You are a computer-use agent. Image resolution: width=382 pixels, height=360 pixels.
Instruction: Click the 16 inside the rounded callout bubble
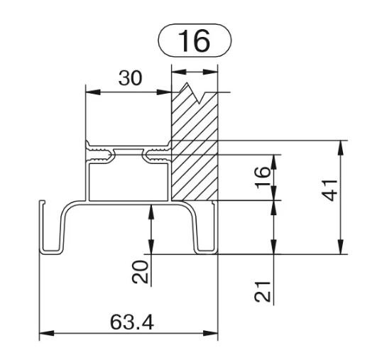194,40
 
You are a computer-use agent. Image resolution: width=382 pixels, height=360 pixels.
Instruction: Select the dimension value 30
130,78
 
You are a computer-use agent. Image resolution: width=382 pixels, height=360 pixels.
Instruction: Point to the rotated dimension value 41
329,190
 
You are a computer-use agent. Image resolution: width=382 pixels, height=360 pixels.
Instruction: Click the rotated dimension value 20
140,272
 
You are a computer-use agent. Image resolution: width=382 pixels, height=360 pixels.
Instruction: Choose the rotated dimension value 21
263,292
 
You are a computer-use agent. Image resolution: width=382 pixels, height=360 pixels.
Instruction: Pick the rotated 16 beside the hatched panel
263,178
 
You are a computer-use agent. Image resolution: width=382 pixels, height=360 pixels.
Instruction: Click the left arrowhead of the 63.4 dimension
47,333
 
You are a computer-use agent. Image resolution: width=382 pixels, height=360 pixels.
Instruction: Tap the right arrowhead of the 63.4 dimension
210,333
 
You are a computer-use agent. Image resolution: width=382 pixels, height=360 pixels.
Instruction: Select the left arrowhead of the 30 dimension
93,92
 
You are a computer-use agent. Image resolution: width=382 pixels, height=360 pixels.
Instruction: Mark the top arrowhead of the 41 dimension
341,148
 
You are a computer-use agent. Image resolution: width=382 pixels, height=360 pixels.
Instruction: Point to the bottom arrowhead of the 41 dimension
341,247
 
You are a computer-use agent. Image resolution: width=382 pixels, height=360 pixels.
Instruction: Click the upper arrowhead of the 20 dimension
151,212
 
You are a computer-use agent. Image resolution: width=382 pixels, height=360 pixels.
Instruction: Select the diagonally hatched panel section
195,146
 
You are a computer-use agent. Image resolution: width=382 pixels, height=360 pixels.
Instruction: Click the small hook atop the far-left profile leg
43,202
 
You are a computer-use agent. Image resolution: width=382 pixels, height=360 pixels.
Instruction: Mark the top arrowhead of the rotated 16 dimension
273,162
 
